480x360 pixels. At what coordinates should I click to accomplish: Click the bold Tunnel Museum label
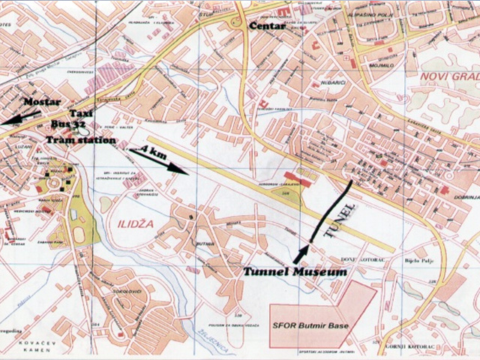pyautogui.click(x=295, y=271)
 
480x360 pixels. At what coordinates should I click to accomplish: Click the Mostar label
pyautogui.click(x=41, y=101)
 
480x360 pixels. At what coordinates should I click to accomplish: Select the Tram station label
pyautogui.click(x=80, y=139)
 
